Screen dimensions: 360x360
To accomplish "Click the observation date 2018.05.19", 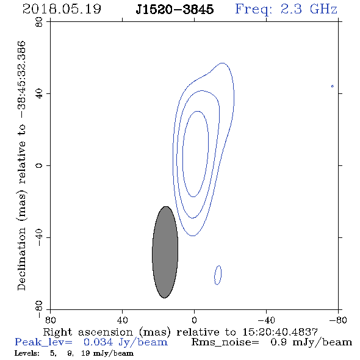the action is click(x=62, y=9).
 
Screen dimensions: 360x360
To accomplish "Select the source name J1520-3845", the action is click(x=175, y=9).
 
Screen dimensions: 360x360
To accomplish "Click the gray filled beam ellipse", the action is click(x=165, y=252).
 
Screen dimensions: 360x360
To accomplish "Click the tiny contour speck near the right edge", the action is click(x=332, y=86).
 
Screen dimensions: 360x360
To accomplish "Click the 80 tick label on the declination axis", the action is click(x=39, y=22).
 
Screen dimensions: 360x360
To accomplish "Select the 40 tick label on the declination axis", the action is click(x=39, y=94).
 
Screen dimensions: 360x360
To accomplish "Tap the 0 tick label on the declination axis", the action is click(x=39, y=165).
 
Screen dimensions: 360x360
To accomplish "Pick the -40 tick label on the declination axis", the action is click(x=39, y=237).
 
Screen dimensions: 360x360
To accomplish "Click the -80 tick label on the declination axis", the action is click(x=39, y=309).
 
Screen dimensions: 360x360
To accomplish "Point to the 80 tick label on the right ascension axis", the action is click(x=51, y=320).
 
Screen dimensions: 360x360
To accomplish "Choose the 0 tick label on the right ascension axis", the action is click(x=194, y=320).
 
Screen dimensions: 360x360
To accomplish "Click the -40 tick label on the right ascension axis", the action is click(x=266, y=320).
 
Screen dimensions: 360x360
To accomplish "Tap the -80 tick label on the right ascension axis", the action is click(x=338, y=320).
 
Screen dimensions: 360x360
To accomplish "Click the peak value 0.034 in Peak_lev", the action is click(x=98, y=342).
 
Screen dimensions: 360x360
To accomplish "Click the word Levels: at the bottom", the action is click(x=27, y=353).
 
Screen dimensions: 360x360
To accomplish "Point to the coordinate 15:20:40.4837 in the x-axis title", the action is click(x=280, y=332).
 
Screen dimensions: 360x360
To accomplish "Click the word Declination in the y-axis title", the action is click(x=21, y=259).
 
